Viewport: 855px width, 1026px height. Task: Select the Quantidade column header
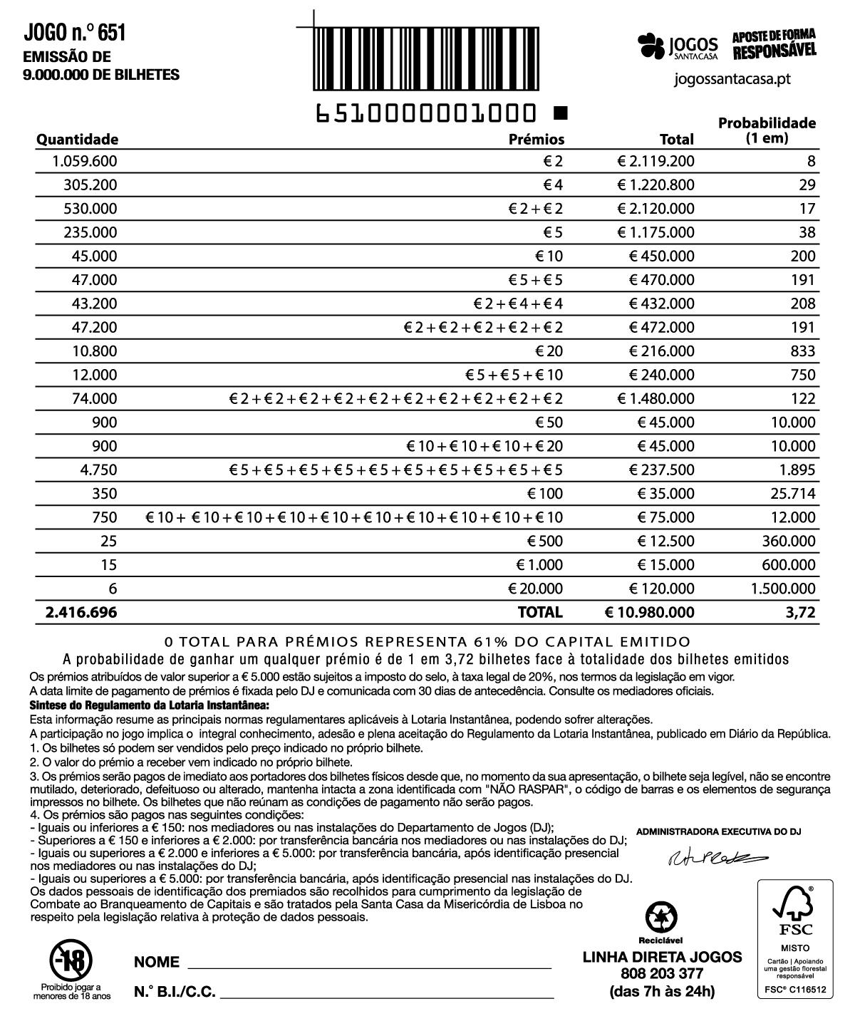tap(77, 139)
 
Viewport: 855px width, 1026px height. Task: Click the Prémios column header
tap(536, 139)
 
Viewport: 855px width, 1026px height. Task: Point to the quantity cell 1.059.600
tap(85, 161)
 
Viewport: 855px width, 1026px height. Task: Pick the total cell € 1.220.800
tap(655, 185)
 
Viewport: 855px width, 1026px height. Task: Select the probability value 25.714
tap(793, 494)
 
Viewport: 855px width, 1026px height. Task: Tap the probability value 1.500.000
tap(783, 589)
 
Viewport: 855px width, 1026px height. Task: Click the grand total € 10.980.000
tap(649, 612)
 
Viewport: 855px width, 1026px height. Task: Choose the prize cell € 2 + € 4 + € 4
tap(518, 304)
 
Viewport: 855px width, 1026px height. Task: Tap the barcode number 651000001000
tap(425, 113)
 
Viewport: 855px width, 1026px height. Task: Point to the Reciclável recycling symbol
tap(660, 916)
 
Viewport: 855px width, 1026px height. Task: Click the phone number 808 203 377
tap(662, 974)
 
